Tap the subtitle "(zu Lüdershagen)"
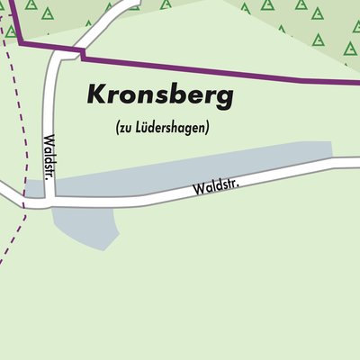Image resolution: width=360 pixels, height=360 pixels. tap(162, 128)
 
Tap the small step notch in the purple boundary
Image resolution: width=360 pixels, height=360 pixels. tap(82, 56)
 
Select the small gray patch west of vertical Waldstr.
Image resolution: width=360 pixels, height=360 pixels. tap(33, 189)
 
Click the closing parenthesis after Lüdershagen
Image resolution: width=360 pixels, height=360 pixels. tap(207, 128)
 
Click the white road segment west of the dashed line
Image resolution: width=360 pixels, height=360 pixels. tap(7, 193)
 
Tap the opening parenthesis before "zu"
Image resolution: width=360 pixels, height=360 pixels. tap(118, 128)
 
